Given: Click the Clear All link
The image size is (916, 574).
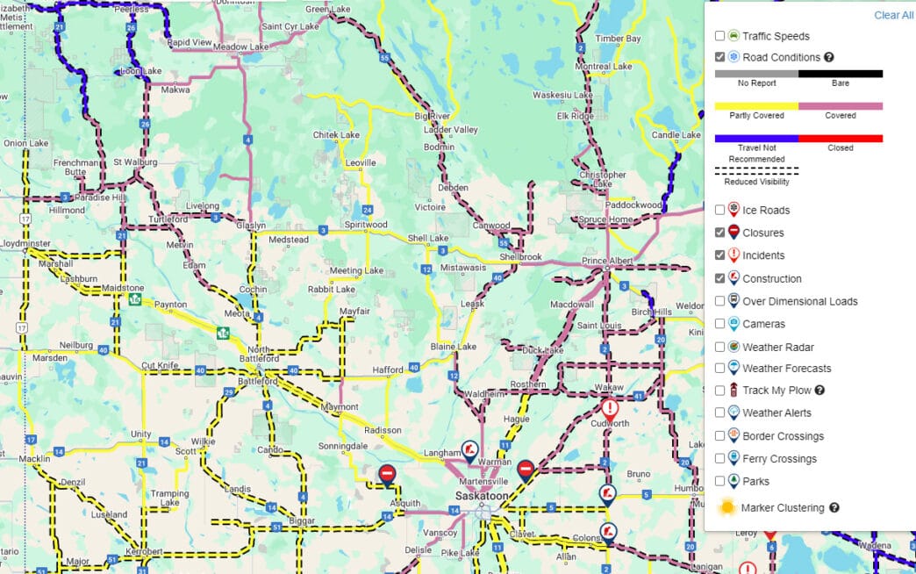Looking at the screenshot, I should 893,15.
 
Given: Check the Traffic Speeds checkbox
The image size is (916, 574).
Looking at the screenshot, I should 720,36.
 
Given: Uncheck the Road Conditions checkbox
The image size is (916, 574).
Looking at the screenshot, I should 720,57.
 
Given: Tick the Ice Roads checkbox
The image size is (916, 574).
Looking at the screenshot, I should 720,210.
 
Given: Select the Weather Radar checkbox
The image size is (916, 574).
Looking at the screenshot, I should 720,347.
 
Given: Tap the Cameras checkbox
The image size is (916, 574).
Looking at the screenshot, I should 720,324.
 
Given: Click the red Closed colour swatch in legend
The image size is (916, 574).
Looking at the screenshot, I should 841,138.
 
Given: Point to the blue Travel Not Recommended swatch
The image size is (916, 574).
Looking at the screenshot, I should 756,138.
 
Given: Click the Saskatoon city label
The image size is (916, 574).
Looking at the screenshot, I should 481,496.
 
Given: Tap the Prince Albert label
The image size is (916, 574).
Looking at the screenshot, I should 607,262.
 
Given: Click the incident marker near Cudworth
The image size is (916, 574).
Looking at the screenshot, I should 610,408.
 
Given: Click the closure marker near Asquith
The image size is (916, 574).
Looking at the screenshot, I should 387,475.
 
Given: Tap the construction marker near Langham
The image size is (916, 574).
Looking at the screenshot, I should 470,451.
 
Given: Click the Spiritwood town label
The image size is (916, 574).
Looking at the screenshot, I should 365,225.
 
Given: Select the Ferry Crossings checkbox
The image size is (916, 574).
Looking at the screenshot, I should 720,458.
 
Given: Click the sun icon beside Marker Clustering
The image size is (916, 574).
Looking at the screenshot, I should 727,507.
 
